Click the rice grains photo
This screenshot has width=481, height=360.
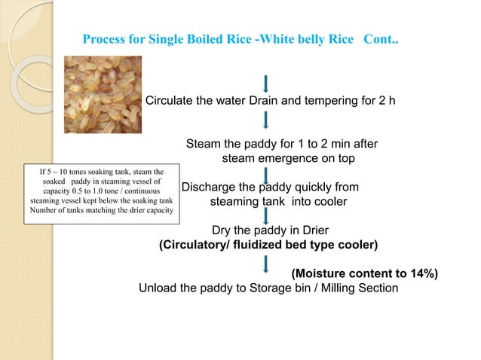click(x=102, y=99)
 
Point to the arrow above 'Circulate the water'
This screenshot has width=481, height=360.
click(x=266, y=81)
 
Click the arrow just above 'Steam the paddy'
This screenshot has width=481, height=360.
click(x=266, y=121)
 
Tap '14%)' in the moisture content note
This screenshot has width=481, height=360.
click(x=421, y=273)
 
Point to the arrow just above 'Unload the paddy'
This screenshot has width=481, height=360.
click(x=266, y=263)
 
